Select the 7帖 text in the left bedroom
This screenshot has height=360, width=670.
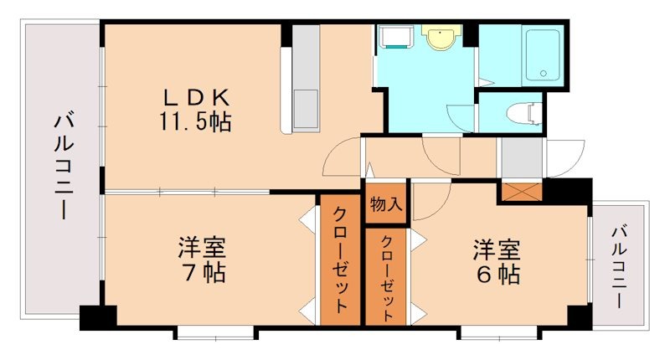pos(201,274)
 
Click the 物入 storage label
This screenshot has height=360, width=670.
pos(386,204)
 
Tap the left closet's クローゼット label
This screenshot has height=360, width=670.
pos(340,260)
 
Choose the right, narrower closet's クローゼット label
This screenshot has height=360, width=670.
pos(386,277)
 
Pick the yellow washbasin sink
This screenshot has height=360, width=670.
pos(440,38)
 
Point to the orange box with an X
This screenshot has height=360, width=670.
pos(520,191)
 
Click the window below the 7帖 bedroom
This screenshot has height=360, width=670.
pos(214,333)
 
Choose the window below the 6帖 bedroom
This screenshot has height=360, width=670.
pos(497,333)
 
